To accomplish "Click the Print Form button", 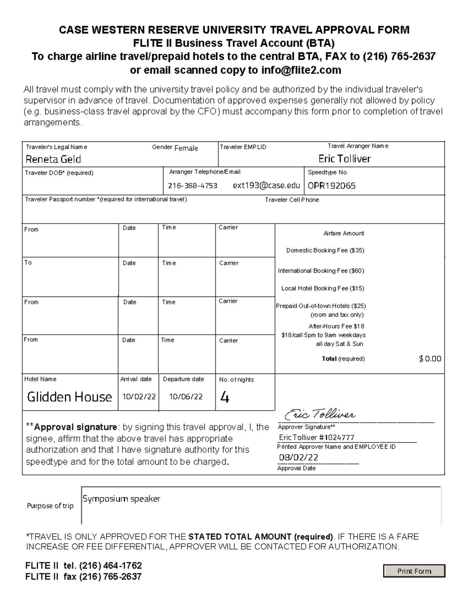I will point(414,571).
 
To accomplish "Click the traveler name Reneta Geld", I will point(53,159).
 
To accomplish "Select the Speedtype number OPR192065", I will point(331,186).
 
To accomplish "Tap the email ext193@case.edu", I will point(266,185).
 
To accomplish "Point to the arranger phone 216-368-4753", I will point(193,186).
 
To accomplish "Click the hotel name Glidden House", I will point(69,397).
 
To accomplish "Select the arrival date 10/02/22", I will point(139,397).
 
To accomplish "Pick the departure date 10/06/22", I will point(186,397).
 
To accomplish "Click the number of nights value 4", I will point(225,397).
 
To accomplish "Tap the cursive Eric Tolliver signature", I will point(320,415).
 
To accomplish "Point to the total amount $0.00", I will point(430,359).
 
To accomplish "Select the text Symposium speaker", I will point(121,499).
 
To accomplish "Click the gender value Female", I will point(186,148).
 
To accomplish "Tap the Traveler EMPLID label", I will point(243,147).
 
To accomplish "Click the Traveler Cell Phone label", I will point(292,200).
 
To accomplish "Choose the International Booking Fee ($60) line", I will point(321,271).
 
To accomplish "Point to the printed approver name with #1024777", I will point(317,437).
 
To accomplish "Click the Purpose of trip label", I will point(50,506).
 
